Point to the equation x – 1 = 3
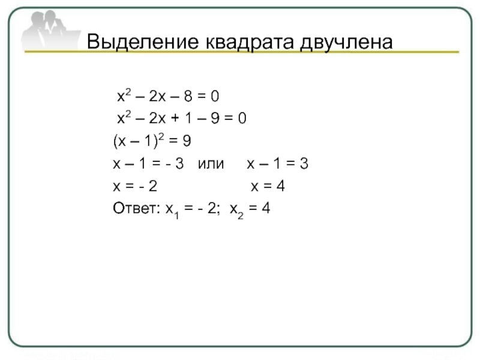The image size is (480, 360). [x=277, y=164]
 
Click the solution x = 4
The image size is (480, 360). [x=267, y=187]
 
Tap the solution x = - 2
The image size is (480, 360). [x=136, y=187]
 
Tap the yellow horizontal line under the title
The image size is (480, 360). [x=240, y=53]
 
